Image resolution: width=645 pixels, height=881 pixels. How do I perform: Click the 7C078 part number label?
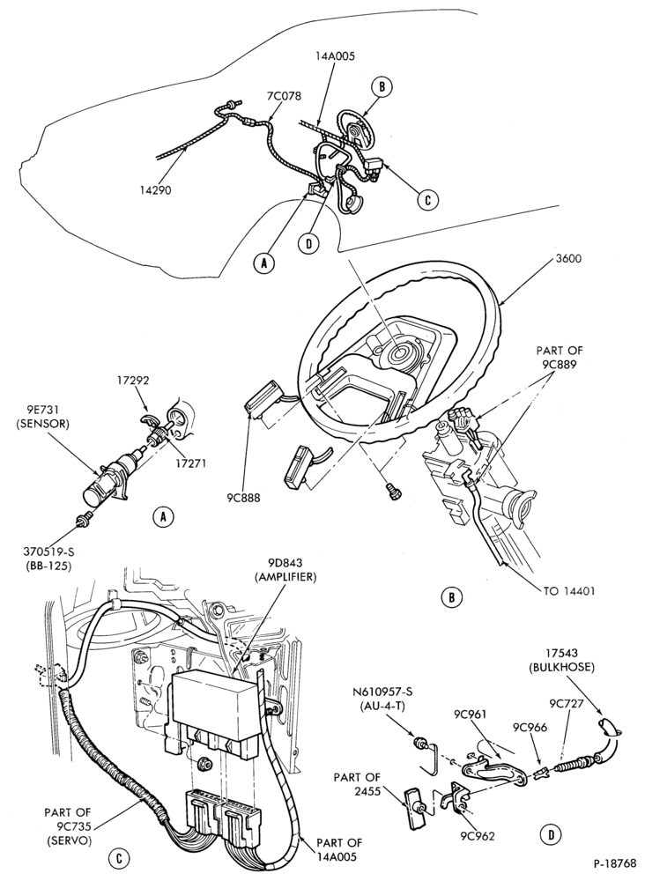pos(284,96)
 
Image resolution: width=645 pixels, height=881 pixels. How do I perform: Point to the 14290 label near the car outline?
pos(156,190)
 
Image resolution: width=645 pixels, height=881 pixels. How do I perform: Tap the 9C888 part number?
pos(244,497)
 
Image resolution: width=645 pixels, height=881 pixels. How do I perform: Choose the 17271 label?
pos(191,463)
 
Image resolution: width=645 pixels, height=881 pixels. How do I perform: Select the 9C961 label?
pos(471,714)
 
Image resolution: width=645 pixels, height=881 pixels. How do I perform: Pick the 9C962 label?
pos(478,836)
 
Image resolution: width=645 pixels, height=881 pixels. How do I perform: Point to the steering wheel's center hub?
pos(401,354)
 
